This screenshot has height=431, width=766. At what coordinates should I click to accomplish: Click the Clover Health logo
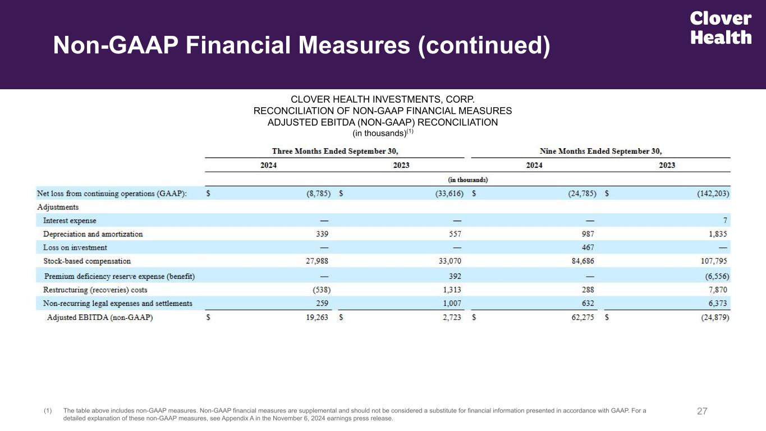(721, 28)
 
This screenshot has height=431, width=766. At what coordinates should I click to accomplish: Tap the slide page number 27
(702, 411)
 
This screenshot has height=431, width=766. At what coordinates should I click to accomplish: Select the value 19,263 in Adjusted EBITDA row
(317, 318)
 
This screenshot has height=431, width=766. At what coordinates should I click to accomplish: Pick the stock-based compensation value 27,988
(317, 261)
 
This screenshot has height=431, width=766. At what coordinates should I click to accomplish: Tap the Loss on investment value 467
(588, 247)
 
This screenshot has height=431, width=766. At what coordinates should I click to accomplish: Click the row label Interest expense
(70, 221)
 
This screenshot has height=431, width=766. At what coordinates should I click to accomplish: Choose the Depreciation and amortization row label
(93, 234)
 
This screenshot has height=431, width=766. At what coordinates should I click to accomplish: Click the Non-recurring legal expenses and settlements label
(117, 304)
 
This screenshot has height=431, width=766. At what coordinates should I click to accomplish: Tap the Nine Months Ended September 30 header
(600, 151)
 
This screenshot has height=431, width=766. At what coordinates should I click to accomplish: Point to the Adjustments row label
(57, 207)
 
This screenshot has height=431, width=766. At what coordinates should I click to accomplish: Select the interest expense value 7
(725, 221)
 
